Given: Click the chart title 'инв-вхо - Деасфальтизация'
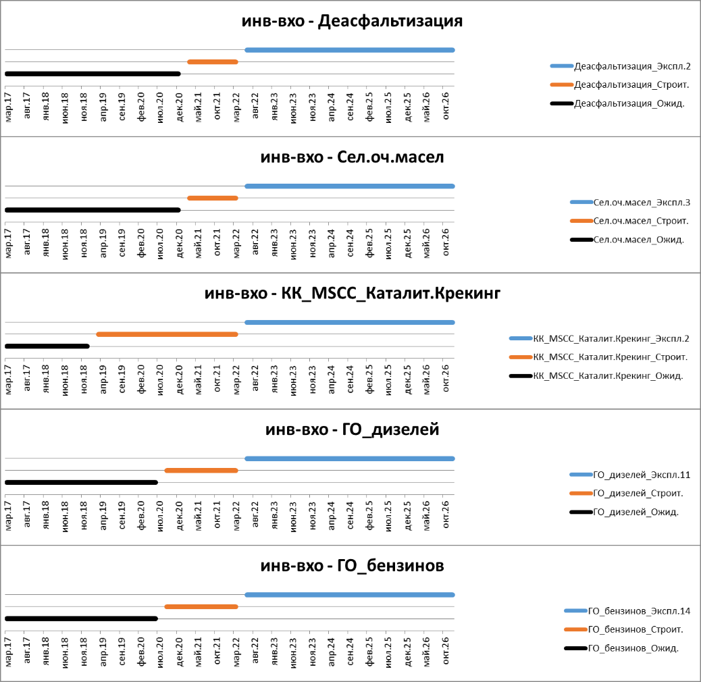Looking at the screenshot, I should [352, 21].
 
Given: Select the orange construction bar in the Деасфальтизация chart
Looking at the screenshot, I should [213, 61].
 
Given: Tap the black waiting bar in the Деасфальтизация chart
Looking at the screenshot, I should [93, 74].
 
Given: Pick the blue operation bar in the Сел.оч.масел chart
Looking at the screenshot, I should [349, 186].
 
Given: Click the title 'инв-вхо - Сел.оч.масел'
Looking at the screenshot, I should [352, 157].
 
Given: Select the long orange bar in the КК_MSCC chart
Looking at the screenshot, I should [167, 334].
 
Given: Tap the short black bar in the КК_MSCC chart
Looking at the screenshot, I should [47, 346].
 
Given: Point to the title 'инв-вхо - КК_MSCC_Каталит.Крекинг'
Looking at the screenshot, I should [352, 294].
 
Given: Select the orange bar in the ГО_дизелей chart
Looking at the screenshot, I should [201, 471].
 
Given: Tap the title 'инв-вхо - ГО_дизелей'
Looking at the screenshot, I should [352, 429].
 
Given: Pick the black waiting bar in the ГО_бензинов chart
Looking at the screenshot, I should [81, 619].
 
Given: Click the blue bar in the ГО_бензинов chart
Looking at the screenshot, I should [349, 595].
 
